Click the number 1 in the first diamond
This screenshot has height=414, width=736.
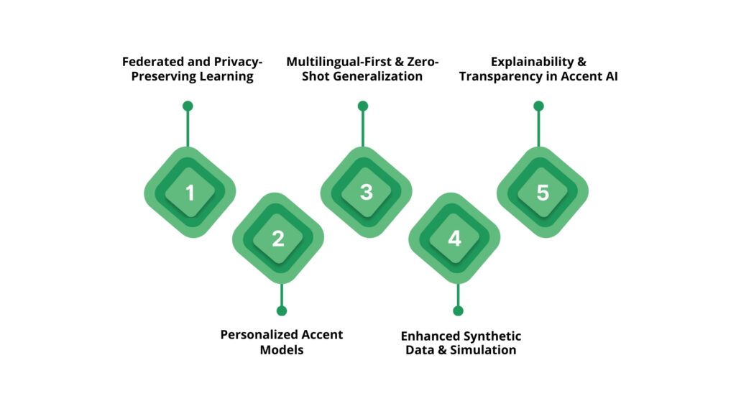click(x=190, y=193)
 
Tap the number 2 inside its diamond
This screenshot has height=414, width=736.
click(x=278, y=239)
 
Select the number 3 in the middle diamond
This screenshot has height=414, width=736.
click(x=366, y=192)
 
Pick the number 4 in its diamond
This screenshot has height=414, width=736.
click(x=454, y=239)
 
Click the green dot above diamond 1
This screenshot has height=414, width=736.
click(x=188, y=106)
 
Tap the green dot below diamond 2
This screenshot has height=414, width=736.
click(x=282, y=310)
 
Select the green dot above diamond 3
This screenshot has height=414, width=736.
click(x=363, y=106)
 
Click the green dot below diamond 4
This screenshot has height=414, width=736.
click(x=458, y=310)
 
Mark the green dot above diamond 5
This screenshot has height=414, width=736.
click(x=538, y=106)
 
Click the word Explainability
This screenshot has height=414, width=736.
click(x=533, y=62)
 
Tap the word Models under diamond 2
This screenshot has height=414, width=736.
click(x=282, y=350)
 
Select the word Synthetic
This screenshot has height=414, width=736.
click(x=493, y=336)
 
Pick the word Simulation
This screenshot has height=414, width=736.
click(x=483, y=350)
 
